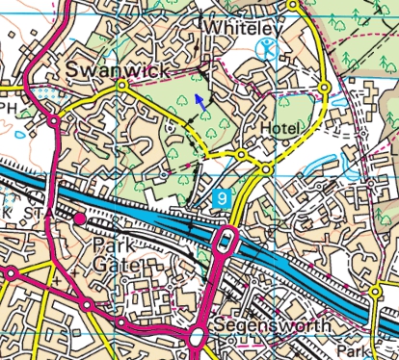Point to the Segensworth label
273,326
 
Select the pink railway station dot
80,220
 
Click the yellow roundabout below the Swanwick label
121,87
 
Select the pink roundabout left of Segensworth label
199,336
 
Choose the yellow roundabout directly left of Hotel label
239,154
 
